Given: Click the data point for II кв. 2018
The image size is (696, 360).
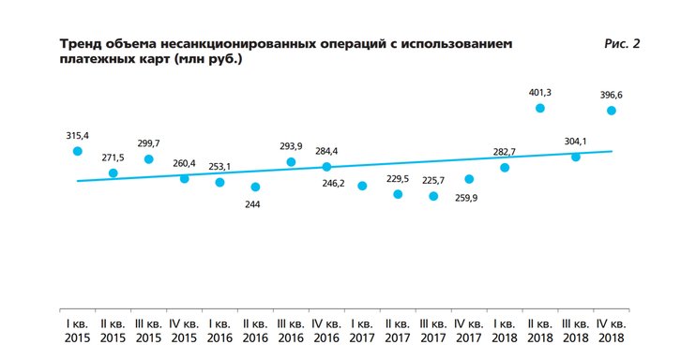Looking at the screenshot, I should click(540, 109).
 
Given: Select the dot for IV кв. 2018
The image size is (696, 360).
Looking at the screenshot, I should click(612, 111).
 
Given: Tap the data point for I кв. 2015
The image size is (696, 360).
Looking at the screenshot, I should click(78, 151).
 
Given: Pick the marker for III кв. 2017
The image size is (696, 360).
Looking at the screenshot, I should click(433, 196).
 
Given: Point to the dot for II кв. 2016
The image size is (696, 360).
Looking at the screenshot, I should click(255, 187).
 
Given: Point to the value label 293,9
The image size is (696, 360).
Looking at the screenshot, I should click(291, 145).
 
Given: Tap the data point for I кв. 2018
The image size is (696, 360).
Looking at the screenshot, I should click(505, 167).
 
